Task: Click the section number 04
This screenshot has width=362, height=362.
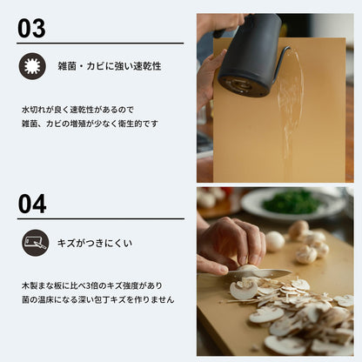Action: tap(32, 203)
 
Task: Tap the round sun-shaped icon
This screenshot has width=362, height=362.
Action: tap(32, 66)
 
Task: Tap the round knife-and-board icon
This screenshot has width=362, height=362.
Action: tap(32, 243)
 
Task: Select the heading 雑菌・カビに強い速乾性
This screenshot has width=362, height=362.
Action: tap(109, 66)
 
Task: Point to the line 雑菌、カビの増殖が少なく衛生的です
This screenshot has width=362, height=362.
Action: tap(90, 124)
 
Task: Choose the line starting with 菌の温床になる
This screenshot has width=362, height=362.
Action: tap(97, 299)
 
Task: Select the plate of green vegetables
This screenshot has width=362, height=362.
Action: tap(290, 204)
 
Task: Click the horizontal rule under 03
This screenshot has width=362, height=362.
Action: tap(100, 44)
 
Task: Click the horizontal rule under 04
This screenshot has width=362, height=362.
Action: tap(100, 218)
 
